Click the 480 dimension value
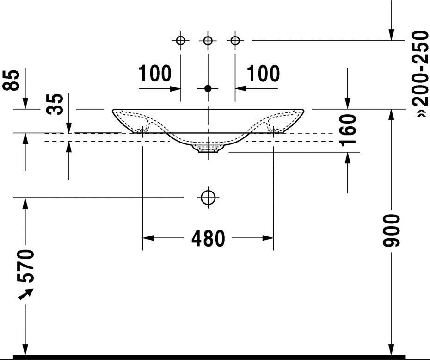click(208, 238)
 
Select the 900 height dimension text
click(392, 230)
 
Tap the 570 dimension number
click(25, 266)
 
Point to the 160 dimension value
click(347, 130)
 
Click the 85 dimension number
click(11, 80)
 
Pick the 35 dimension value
click(55, 104)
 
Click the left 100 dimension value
click(155, 73)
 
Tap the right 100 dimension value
click(263, 73)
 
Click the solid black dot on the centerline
click(208, 88)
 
